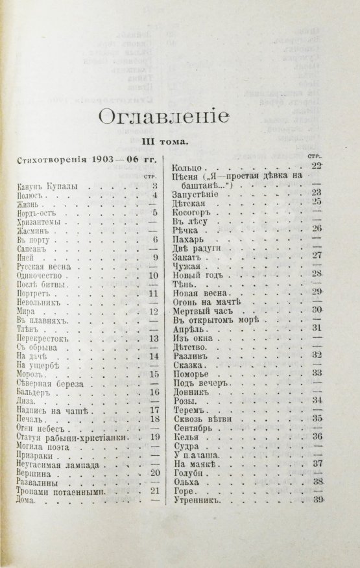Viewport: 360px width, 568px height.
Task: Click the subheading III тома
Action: point(165,141)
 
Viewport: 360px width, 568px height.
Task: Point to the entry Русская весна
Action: point(42,263)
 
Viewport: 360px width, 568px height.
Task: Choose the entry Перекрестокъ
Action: point(42,338)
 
